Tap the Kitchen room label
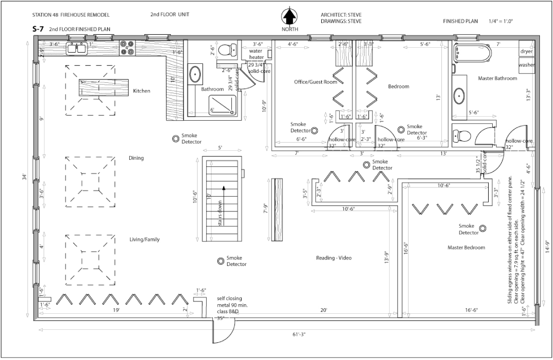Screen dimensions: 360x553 point(142,91)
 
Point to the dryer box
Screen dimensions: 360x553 point(526,51)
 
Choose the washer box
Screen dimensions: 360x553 point(526,65)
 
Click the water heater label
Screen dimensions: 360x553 point(256,54)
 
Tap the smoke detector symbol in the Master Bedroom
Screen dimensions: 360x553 point(482,228)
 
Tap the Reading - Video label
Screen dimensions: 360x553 point(333,258)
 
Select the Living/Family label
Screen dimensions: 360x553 point(144,239)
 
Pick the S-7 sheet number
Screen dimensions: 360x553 point(37,30)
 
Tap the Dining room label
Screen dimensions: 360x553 point(136,158)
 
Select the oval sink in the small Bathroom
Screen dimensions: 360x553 point(195,74)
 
